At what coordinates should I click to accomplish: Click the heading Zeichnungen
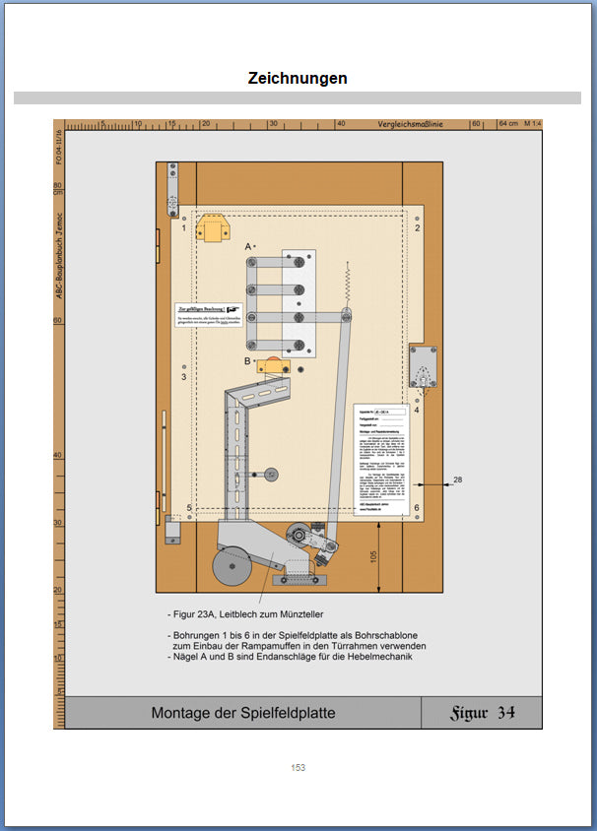coord(298,78)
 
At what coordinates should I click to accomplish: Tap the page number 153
coord(298,767)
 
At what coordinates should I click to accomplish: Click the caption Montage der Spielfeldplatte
coord(243,713)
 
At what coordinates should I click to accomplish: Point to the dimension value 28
coord(458,479)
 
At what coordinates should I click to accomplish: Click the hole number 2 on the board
coord(418,227)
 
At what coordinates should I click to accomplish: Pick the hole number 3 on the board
coord(183,376)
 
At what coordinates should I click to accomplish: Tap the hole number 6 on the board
coord(417,509)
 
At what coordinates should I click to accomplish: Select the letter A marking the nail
coord(248,246)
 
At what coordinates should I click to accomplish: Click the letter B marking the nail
coord(248,361)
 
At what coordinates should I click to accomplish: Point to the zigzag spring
coord(348,285)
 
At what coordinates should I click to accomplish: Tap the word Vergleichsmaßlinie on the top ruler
coord(411,125)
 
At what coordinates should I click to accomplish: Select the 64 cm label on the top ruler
coord(508,125)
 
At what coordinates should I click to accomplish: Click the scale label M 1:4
coord(534,125)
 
